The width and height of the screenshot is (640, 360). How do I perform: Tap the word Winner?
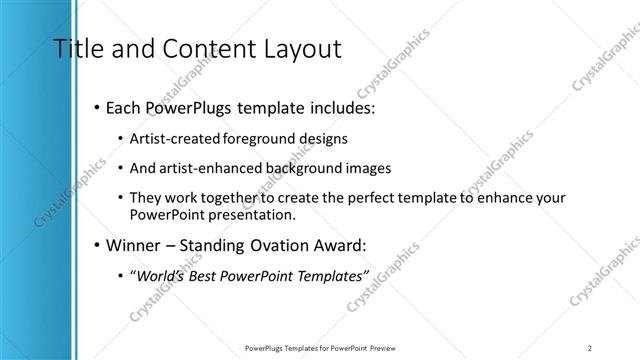pyautogui.click(x=133, y=245)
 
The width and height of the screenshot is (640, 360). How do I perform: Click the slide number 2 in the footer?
pyautogui.click(x=591, y=347)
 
